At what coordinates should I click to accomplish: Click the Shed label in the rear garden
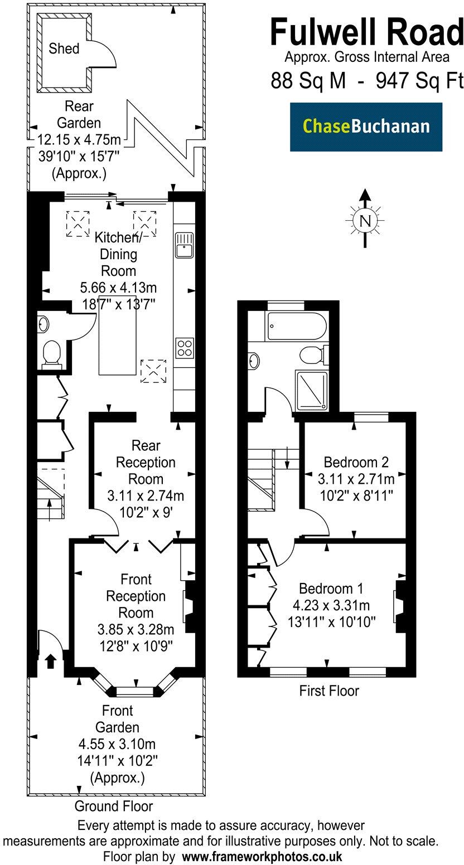coord(64,48)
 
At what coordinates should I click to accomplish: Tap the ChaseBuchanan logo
coord(366,127)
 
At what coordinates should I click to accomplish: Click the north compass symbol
coord(365,221)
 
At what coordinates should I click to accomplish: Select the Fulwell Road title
coord(366,32)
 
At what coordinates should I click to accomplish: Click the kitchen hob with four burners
coord(184,348)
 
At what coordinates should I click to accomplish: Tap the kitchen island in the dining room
coord(118,341)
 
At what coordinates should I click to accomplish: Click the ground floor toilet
coord(51,353)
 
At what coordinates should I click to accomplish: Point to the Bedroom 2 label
coord(356,462)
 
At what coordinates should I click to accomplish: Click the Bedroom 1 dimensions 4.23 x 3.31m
coord(331,605)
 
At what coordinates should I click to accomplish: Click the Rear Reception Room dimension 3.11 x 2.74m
coord(146,495)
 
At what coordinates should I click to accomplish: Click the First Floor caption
coord(329,691)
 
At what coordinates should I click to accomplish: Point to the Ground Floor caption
coord(113,806)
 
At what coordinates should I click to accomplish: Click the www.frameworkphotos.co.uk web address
coord(263,856)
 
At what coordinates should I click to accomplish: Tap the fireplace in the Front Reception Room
coord(189,606)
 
